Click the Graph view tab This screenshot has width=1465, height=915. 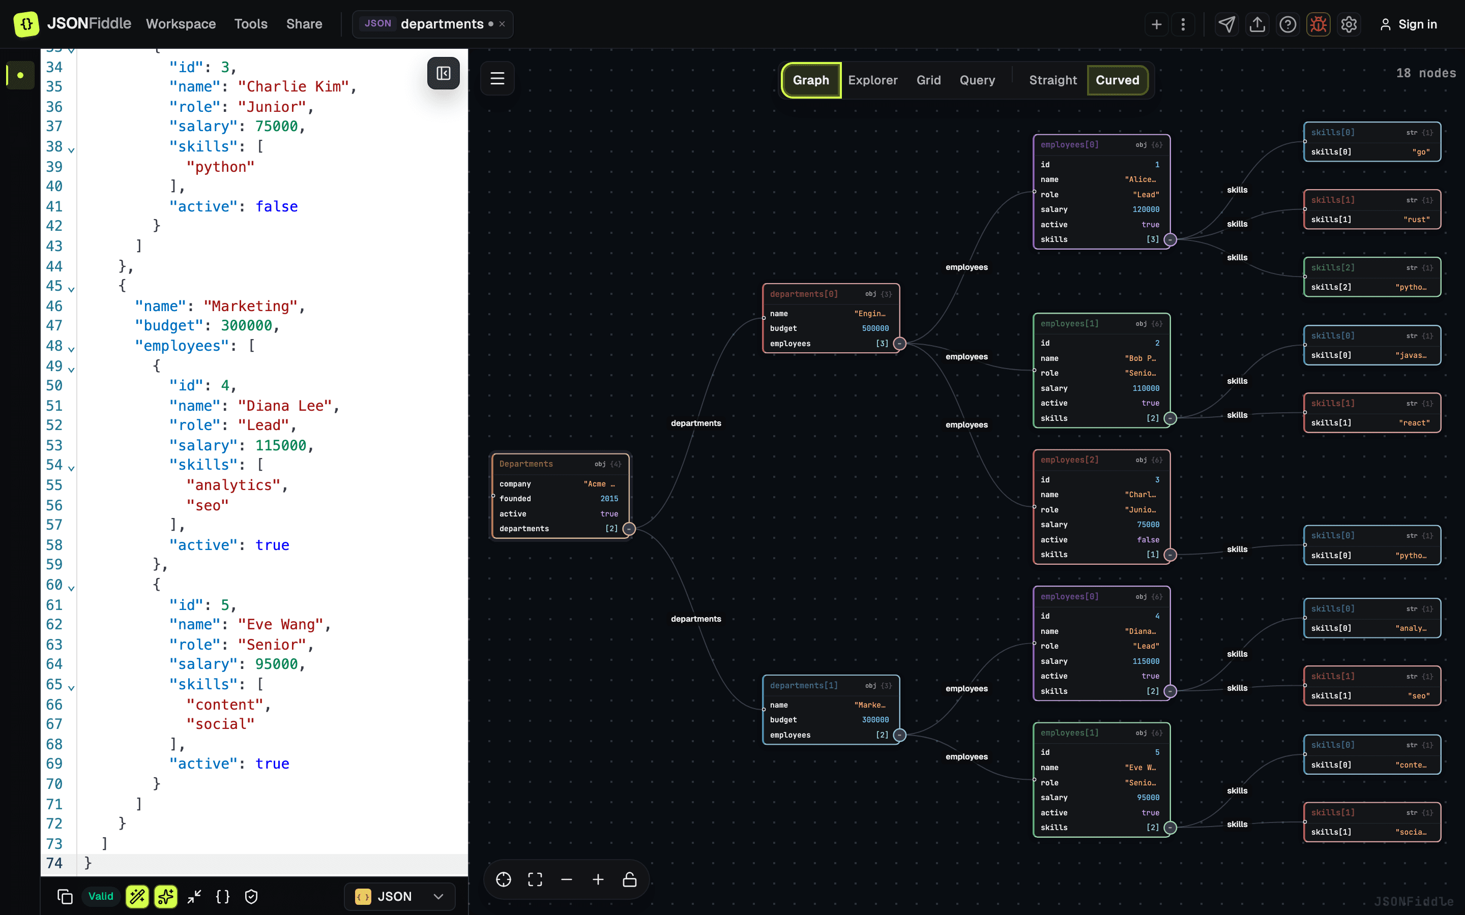[x=811, y=80]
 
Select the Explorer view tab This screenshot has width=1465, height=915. [x=872, y=80]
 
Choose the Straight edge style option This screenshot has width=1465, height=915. [x=1053, y=80]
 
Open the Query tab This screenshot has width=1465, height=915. [x=977, y=80]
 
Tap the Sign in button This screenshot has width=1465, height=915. [x=1408, y=24]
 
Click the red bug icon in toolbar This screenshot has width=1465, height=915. [x=1318, y=24]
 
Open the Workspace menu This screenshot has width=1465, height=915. [x=181, y=24]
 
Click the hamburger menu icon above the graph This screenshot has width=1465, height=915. [x=497, y=78]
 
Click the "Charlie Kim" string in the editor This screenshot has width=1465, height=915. [x=293, y=86]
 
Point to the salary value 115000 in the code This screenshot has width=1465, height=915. [x=280, y=445]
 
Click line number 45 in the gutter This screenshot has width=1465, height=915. [x=54, y=286]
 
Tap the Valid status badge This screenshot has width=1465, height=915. [x=101, y=896]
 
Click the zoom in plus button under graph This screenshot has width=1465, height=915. [x=598, y=879]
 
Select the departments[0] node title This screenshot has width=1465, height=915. [x=804, y=294]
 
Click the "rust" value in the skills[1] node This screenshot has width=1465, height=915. [x=1417, y=220]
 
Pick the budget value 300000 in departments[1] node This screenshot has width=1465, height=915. [x=875, y=719]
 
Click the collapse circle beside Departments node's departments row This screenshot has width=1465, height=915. [x=629, y=529]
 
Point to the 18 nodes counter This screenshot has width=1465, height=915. [x=1426, y=73]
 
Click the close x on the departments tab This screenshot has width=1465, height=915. [x=502, y=24]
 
